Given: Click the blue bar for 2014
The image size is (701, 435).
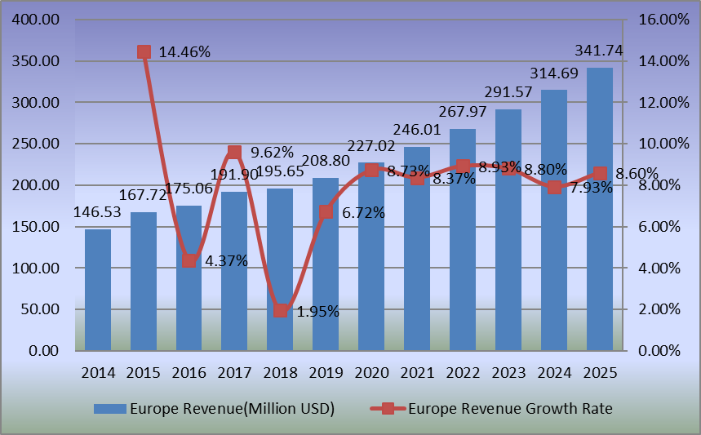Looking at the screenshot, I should [98, 290].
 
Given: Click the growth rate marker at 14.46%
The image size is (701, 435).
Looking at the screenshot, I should [144, 52].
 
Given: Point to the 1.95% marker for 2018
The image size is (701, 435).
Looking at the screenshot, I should [281, 310].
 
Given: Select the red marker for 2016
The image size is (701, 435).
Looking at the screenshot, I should [189, 260].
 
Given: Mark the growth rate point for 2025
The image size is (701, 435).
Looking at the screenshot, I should [600, 173].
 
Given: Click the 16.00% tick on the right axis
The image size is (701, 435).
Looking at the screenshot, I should [663, 20].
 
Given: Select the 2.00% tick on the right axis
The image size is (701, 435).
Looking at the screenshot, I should [659, 309].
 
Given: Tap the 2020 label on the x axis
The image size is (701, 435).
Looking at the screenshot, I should [372, 372].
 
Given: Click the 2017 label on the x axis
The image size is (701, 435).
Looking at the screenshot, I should [235, 372].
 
